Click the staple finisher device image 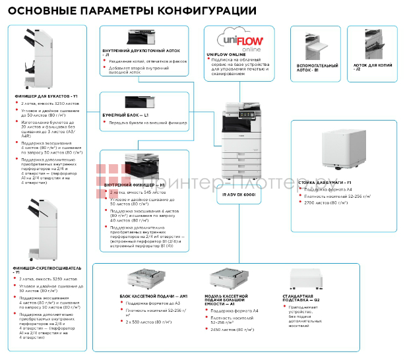point(33,224)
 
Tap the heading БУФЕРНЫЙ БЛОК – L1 point(125,114)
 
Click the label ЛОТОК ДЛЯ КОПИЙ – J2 point(371,67)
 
